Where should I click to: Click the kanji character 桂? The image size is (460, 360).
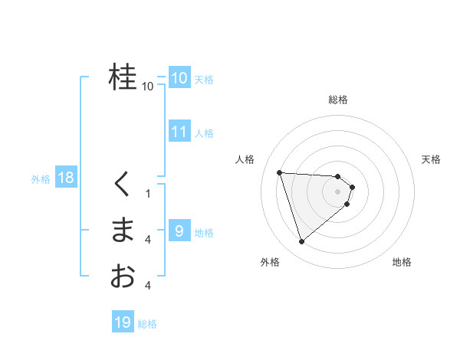[x=123, y=77]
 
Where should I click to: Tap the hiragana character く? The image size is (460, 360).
[x=123, y=184]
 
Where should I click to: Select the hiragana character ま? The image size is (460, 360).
[x=123, y=230]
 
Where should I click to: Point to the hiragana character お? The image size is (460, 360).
[x=123, y=276]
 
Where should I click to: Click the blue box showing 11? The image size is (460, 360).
[x=179, y=132]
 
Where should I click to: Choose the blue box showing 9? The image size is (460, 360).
[x=179, y=231]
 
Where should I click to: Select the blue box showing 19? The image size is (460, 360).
[x=123, y=322]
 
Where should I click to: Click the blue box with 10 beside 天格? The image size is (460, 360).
[x=179, y=77]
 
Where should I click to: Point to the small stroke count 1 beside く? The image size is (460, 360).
[x=148, y=194]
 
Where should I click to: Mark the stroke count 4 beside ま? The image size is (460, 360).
[x=148, y=240]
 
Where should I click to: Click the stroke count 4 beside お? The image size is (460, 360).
[x=148, y=286]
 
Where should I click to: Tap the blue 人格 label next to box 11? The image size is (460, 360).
[x=204, y=133]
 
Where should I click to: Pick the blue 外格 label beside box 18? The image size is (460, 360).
[x=41, y=179]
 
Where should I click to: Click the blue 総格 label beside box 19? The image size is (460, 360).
[x=147, y=324]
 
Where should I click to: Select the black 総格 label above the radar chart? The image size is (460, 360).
[x=338, y=100]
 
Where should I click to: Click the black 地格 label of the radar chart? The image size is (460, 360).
[x=402, y=262]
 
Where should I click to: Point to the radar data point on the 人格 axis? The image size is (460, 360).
[x=280, y=172]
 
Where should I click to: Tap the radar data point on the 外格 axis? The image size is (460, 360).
[x=302, y=241]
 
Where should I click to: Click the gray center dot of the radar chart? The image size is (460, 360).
[x=338, y=191]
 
